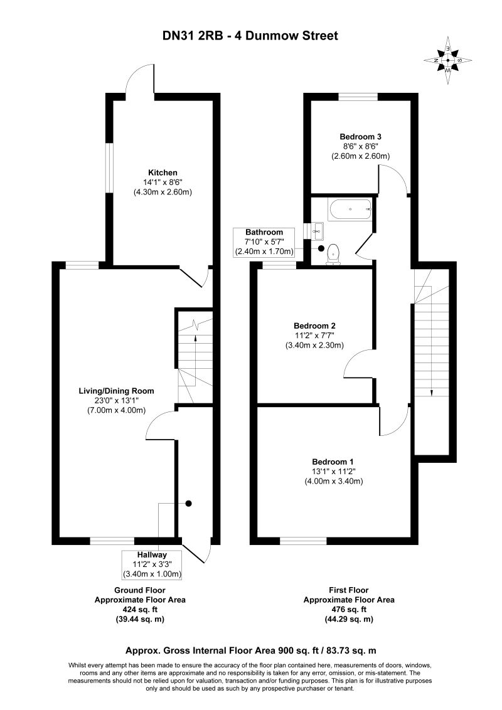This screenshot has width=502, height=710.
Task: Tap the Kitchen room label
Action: pos(163,172)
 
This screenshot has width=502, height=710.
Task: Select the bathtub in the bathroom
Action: pos(351,209)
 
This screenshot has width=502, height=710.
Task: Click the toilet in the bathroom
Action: pos(334,253)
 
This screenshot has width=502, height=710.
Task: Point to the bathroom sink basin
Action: pos(319,231)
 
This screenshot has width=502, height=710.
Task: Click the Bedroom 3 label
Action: pos(361,136)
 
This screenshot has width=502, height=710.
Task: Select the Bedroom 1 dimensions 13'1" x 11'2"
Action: pos(333,472)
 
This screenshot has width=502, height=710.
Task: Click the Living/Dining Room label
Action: pos(117,391)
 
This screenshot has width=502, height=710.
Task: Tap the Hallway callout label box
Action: pos(152,564)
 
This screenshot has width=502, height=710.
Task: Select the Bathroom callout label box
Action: pos(264,242)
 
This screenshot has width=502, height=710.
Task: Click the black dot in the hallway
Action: pos(188,503)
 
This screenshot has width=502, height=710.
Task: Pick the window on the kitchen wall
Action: pos(109,169)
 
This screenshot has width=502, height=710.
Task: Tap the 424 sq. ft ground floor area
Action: pos(139,610)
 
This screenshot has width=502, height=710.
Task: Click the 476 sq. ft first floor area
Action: pos(348,610)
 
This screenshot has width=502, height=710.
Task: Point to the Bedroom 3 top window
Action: pos(358,97)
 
